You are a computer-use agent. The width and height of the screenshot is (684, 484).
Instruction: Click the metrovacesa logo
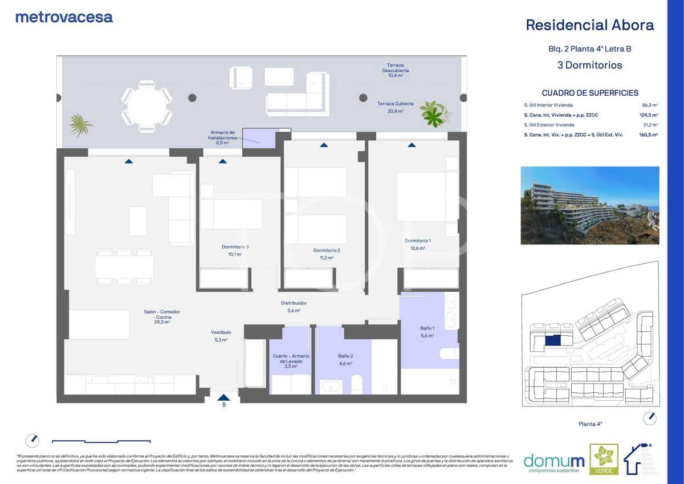(x=64, y=17)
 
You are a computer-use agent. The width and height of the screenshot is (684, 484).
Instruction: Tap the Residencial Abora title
(x=589, y=25)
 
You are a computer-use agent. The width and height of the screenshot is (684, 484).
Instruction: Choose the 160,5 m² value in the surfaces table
(x=648, y=135)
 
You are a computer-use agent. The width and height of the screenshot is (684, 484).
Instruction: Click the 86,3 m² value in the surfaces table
(x=650, y=105)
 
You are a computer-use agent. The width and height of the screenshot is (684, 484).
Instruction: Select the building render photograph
(x=589, y=205)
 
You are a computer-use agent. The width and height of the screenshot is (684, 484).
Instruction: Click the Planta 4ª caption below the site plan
(x=590, y=424)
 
